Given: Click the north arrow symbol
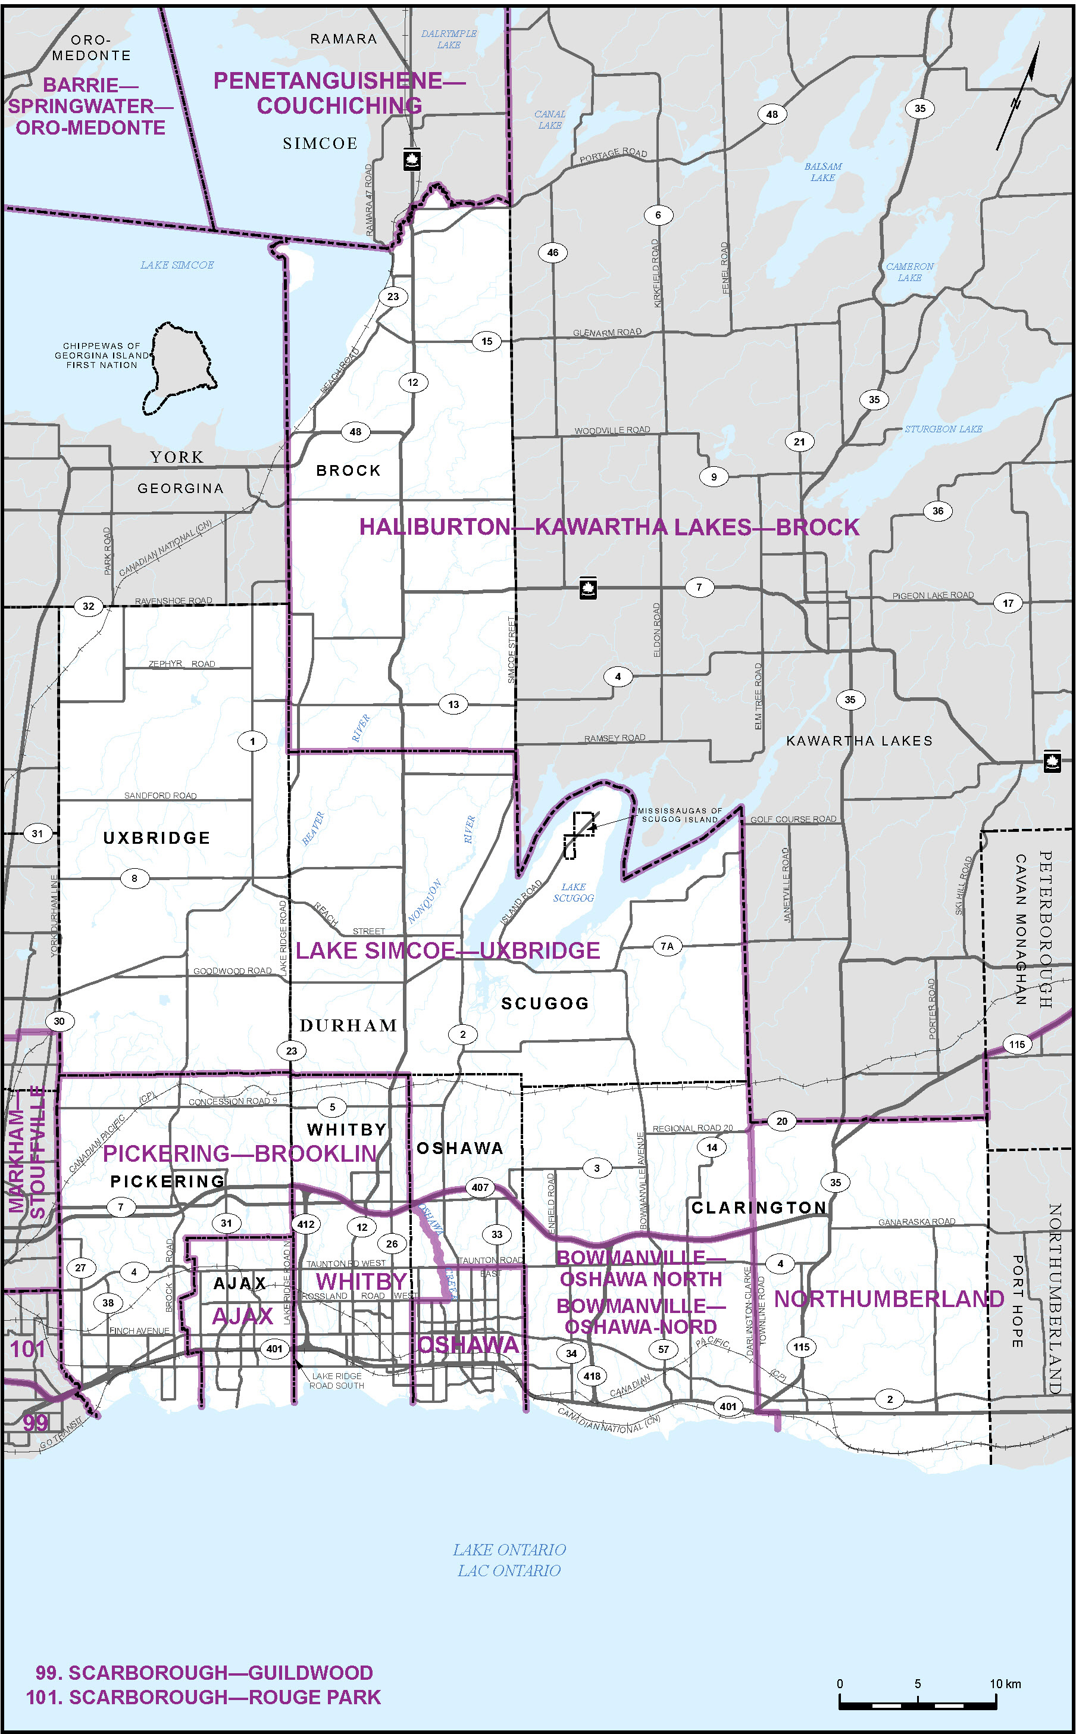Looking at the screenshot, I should pyautogui.click(x=1018, y=99).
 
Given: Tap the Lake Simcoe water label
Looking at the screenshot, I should pyautogui.click(x=177, y=265).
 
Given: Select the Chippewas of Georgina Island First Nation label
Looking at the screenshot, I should pyautogui.click(x=102, y=355).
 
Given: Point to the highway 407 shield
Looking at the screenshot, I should pyautogui.click(x=480, y=1187).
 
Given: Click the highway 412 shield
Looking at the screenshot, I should pyautogui.click(x=305, y=1224).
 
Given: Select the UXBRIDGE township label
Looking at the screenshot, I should pyautogui.click(x=157, y=838).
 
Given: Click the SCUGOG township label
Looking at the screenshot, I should pyautogui.click(x=545, y=1003).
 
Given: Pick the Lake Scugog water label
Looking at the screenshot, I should pyautogui.click(x=573, y=892).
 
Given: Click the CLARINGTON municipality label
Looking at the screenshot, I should pyautogui.click(x=759, y=1207).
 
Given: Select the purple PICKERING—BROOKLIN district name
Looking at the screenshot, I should pyautogui.click(x=240, y=1153).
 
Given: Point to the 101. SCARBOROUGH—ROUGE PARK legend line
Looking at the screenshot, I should pyautogui.click(x=203, y=1697).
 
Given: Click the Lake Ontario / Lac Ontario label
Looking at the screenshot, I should pyautogui.click(x=509, y=1560).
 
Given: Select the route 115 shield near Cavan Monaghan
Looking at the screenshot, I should pyautogui.click(x=1016, y=1044).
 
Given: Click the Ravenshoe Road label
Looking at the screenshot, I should pyautogui.click(x=173, y=600).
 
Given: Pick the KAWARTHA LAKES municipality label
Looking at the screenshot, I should pyautogui.click(x=859, y=740).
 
